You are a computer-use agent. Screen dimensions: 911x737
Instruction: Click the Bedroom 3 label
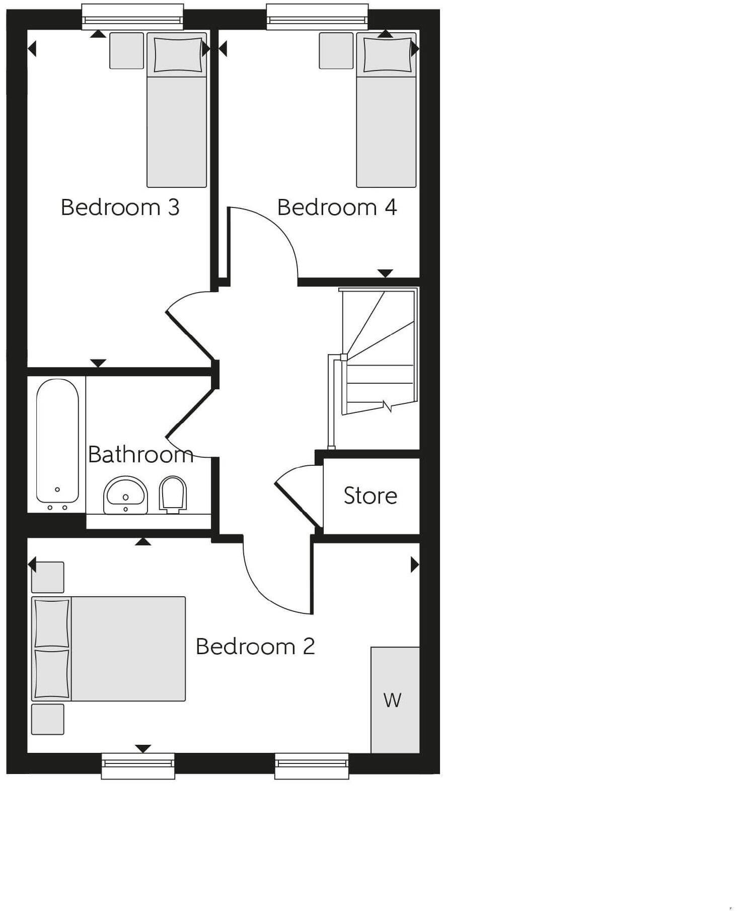120,207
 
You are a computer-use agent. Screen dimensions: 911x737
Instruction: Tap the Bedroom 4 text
337,207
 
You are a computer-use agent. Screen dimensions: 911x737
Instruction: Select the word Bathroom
140,455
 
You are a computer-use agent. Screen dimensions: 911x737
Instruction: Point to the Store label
370,496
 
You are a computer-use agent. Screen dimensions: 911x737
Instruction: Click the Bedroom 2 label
255,647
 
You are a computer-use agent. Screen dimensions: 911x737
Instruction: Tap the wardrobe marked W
395,700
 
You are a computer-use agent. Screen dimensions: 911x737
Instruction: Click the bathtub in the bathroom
57,441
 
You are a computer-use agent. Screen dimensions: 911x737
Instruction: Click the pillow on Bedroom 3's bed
177,54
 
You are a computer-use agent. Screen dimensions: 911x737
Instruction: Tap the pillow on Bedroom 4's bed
387,54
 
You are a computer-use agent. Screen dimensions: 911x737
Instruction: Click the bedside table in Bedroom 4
336,50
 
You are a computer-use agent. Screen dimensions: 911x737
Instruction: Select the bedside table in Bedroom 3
126,50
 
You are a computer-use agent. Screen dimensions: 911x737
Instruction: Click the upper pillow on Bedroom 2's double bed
51,622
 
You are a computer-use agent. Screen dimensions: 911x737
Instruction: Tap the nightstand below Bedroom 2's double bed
47,719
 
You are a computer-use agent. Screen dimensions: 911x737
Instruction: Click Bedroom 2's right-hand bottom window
312,765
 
